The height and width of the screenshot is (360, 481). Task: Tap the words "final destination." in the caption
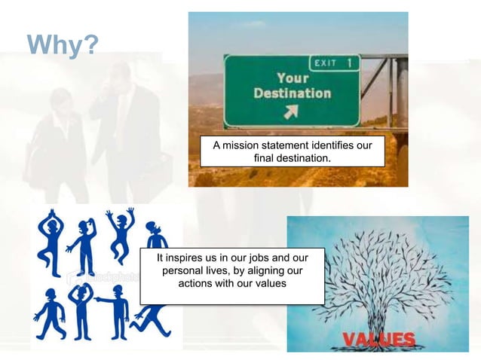point(292,158)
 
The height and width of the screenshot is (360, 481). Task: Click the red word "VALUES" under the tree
point(378,338)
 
